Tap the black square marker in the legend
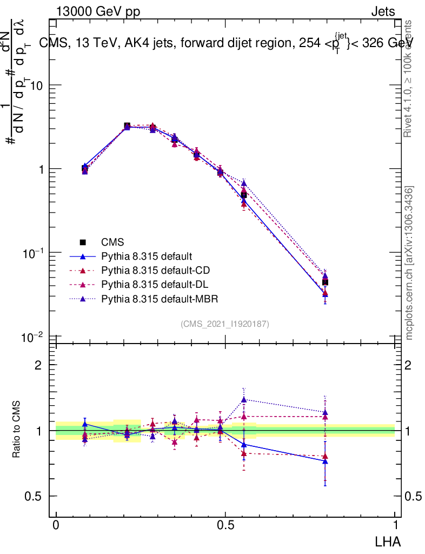click(x=83, y=242)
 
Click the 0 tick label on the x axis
click(x=56, y=525)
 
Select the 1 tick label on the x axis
click(x=395, y=525)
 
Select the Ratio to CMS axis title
click(x=17, y=429)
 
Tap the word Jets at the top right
click(x=383, y=11)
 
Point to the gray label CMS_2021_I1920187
click(x=225, y=324)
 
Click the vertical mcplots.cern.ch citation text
click(x=409, y=263)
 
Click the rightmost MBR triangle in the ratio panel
click(x=325, y=412)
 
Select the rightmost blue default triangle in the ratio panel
click(x=325, y=461)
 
